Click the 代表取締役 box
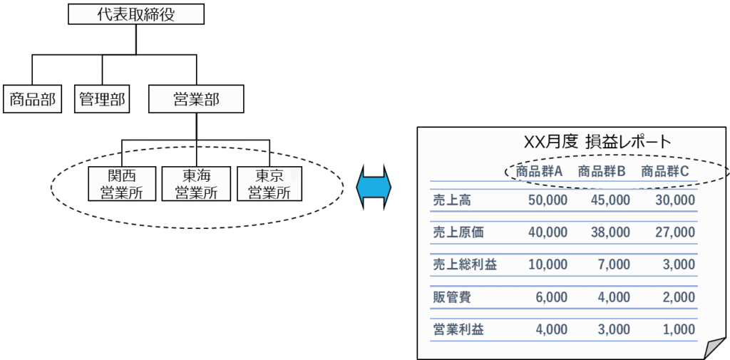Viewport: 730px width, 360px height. (x=136, y=14)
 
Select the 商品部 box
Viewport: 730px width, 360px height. (x=31, y=99)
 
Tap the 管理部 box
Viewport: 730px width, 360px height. (x=102, y=99)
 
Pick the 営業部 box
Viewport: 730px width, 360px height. (x=196, y=99)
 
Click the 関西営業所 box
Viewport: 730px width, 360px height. (x=121, y=184)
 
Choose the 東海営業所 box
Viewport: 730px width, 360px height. (x=196, y=184)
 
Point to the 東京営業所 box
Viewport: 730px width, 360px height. (x=269, y=184)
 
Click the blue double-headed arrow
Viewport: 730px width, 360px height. (x=374, y=186)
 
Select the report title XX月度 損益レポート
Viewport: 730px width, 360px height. (x=597, y=140)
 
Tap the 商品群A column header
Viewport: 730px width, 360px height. (x=540, y=171)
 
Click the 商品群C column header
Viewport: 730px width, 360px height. (x=665, y=171)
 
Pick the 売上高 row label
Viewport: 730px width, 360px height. (x=452, y=200)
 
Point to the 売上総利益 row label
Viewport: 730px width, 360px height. (x=465, y=264)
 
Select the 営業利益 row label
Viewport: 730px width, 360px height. (x=458, y=329)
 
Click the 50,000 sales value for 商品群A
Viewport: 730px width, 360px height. (x=547, y=200)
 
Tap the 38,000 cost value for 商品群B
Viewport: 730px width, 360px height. (x=610, y=232)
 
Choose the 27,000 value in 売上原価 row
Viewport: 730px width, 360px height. (x=674, y=232)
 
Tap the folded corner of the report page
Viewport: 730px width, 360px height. (x=714, y=349)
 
